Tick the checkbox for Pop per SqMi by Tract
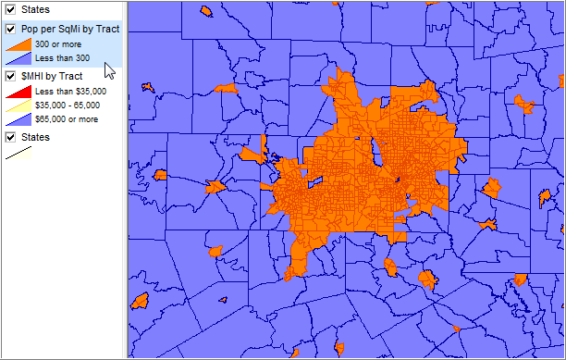[x=11, y=29]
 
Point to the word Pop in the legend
[x=31, y=29]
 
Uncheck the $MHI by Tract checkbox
[x=11, y=76]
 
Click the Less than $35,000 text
[x=70, y=92]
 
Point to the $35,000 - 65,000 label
[x=68, y=106]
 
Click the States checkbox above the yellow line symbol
[x=11, y=137]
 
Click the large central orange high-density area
[x=361, y=176]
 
